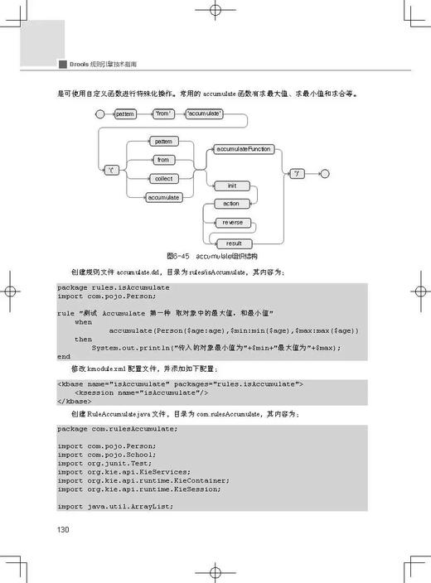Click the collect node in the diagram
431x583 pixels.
tap(162, 179)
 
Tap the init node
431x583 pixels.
tap(232, 185)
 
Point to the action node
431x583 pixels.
tap(231, 204)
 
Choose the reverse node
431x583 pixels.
tap(232, 223)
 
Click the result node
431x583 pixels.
tap(234, 243)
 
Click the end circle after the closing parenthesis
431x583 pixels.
tap(324, 173)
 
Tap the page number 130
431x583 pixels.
tap(63, 529)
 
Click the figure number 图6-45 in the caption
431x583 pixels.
tap(179, 257)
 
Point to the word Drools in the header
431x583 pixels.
tap(81, 63)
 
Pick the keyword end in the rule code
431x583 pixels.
tap(64, 356)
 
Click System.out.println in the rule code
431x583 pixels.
tap(128, 347)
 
